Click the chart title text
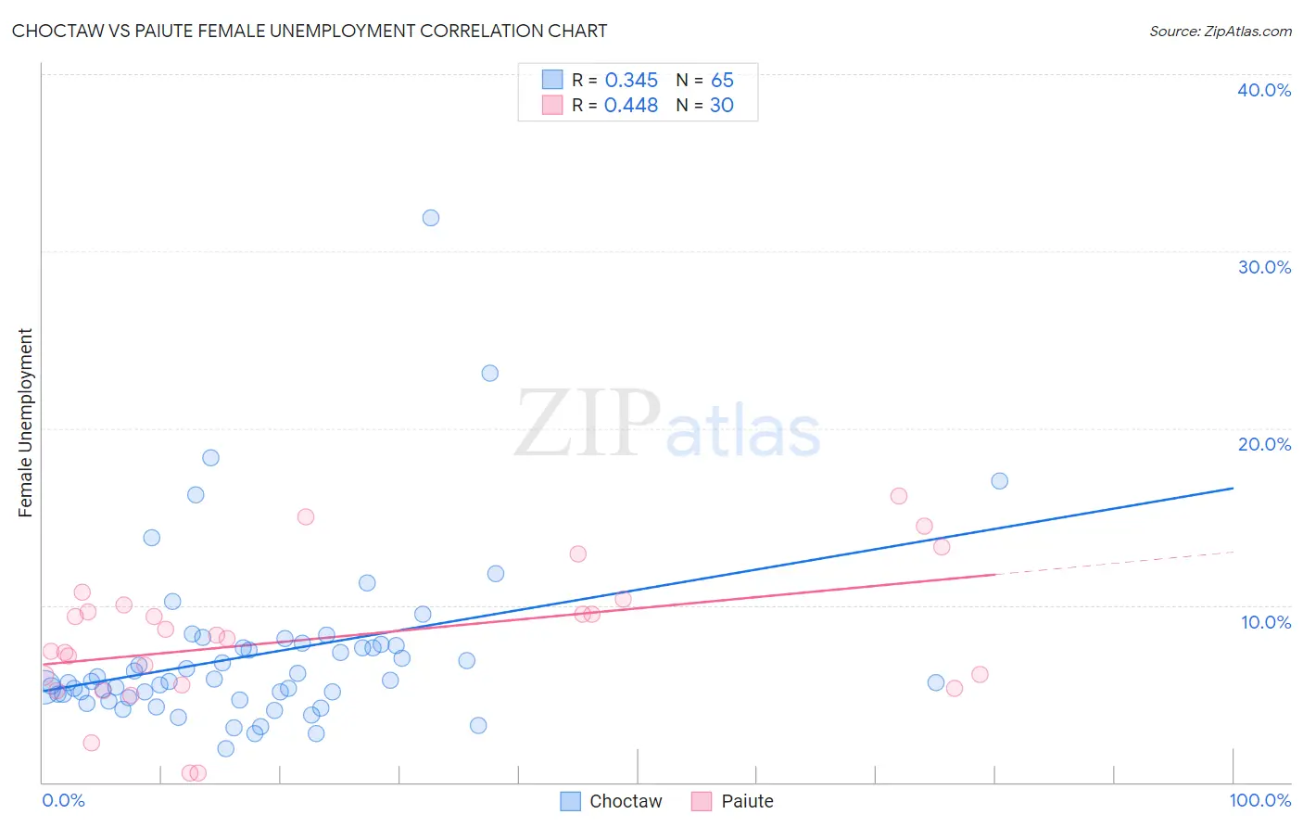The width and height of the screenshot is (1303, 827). point(310,32)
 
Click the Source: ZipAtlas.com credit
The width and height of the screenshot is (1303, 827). point(1220,32)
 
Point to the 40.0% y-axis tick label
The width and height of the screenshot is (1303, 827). point(1264,90)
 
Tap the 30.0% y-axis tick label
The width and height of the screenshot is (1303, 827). point(1264,267)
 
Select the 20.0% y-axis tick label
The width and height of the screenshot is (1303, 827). point(1264,444)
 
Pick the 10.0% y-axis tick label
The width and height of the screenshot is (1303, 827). point(1266,622)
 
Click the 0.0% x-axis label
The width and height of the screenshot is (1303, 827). point(63,800)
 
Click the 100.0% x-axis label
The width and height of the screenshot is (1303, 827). point(1259,800)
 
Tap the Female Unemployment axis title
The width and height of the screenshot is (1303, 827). point(25,423)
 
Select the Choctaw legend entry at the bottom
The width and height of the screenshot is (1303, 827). point(612,801)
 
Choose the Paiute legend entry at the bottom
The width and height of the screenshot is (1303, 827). point(732,801)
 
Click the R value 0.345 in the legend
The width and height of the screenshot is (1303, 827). point(631,81)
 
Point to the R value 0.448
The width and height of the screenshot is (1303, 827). point(631,106)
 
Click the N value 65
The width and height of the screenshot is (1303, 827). point(722,81)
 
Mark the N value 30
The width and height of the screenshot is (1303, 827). point(722,106)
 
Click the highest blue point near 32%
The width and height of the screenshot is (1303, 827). point(431,218)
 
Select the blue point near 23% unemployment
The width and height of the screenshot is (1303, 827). point(490,374)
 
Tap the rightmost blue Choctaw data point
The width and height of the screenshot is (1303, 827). point(999,481)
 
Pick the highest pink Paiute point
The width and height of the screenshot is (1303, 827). point(898,496)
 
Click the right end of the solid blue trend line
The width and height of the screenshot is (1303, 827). point(1233,488)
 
